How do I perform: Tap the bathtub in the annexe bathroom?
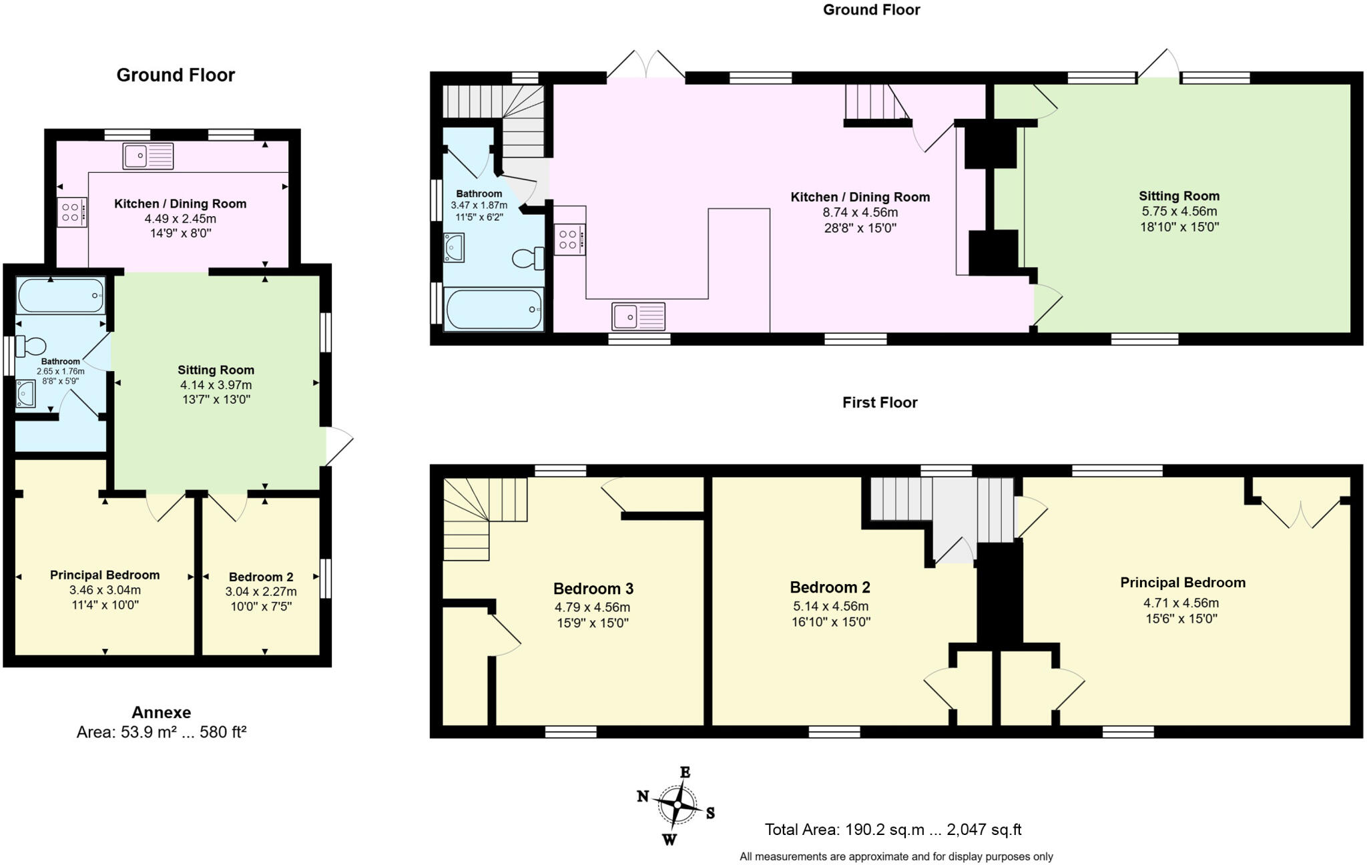coord(61,296)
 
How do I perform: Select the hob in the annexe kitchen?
coord(71,213)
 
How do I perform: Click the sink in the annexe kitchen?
coord(148,156)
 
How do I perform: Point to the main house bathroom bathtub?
coord(494,309)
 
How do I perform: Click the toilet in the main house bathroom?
coord(528,258)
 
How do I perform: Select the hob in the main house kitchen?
coord(569,240)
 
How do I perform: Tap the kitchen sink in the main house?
coord(638,316)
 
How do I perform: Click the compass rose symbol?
coord(677,804)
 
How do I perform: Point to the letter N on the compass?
coord(643,796)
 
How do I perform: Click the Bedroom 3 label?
coord(593,589)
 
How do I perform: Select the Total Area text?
coord(892,830)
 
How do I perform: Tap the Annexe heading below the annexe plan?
coord(161,712)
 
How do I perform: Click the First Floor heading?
coord(879,402)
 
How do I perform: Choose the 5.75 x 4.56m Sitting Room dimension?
coord(1179,212)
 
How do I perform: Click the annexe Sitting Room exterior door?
coord(338,446)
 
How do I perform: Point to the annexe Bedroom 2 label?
coord(261,577)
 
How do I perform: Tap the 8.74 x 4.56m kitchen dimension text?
coord(860,213)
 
